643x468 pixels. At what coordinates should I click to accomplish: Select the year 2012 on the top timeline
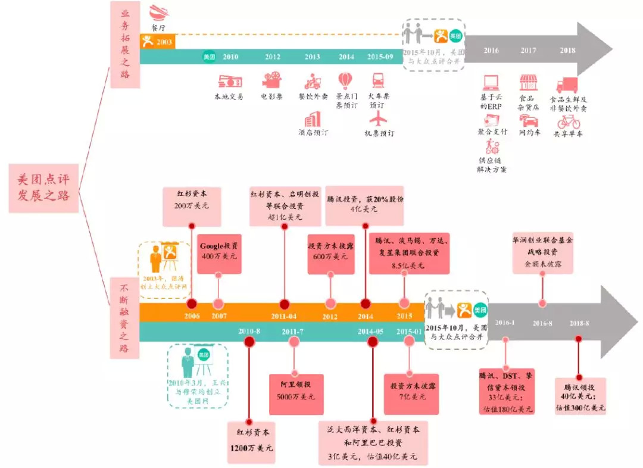coord(273,57)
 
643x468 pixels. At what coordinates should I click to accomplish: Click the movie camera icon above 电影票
coord(271,80)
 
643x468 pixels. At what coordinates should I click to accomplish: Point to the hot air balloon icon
coord(345,80)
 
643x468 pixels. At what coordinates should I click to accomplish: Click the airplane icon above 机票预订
coord(378,117)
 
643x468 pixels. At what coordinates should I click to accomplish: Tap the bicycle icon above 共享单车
coord(569,121)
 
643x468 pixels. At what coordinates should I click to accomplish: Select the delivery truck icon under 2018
coord(567,85)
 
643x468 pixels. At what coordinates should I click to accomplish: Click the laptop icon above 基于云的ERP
coord(491,83)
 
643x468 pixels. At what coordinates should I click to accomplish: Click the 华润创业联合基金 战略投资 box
coord(542,253)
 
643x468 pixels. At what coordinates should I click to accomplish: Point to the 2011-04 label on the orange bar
coord(285,317)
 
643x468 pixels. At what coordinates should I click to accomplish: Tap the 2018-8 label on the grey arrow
coord(579,323)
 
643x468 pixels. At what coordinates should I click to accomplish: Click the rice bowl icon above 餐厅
coord(158,13)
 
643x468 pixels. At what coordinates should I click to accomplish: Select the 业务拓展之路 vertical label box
coord(125,45)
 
